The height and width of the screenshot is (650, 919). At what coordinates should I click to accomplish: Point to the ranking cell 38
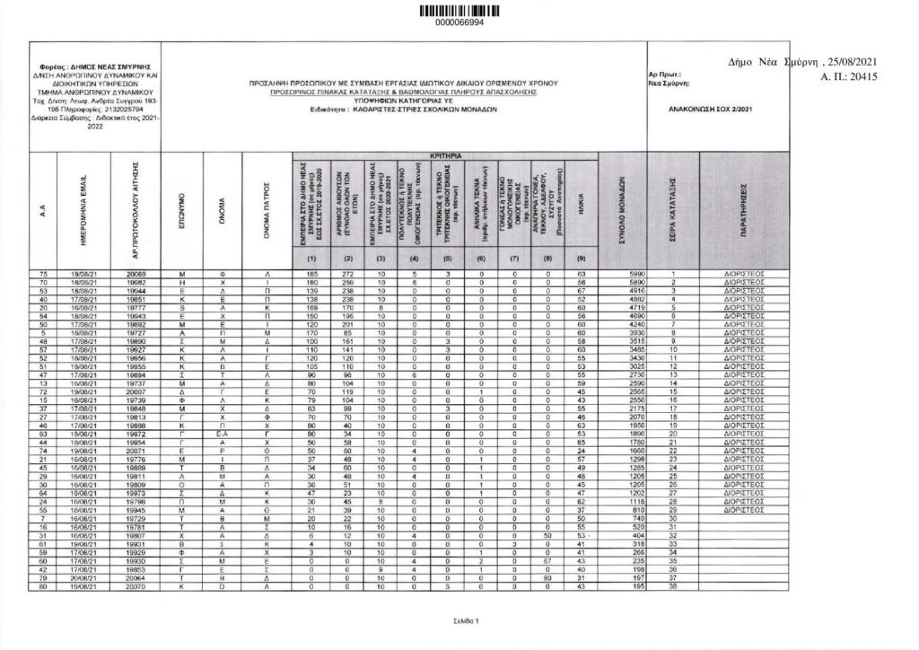(671, 587)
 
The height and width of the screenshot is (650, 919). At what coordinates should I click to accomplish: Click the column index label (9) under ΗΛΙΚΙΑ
(581, 259)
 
